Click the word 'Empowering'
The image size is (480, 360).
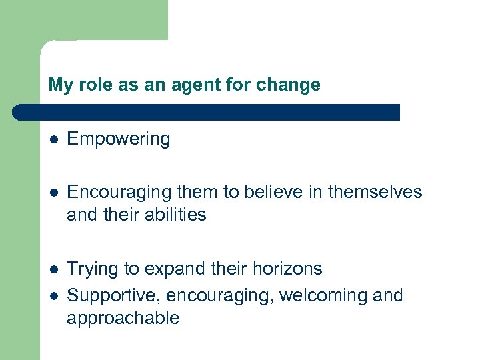click(119, 139)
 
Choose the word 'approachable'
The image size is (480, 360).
click(123, 318)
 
